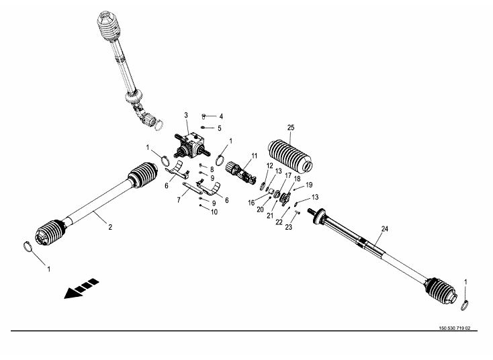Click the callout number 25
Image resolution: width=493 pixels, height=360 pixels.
290,128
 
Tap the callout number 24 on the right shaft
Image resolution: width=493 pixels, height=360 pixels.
385,229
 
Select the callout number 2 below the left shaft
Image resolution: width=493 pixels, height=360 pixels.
109,227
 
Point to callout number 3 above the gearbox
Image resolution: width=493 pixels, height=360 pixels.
186,115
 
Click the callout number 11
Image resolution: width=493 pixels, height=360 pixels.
254,156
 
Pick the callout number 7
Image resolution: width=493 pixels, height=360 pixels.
179,200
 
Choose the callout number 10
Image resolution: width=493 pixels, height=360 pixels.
214,212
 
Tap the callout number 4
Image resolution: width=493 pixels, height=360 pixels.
220,116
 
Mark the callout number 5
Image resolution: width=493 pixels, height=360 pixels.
220,128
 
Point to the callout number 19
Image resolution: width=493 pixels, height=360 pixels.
309,185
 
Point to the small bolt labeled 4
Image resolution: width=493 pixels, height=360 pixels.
206,116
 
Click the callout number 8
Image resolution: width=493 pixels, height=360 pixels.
212,169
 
